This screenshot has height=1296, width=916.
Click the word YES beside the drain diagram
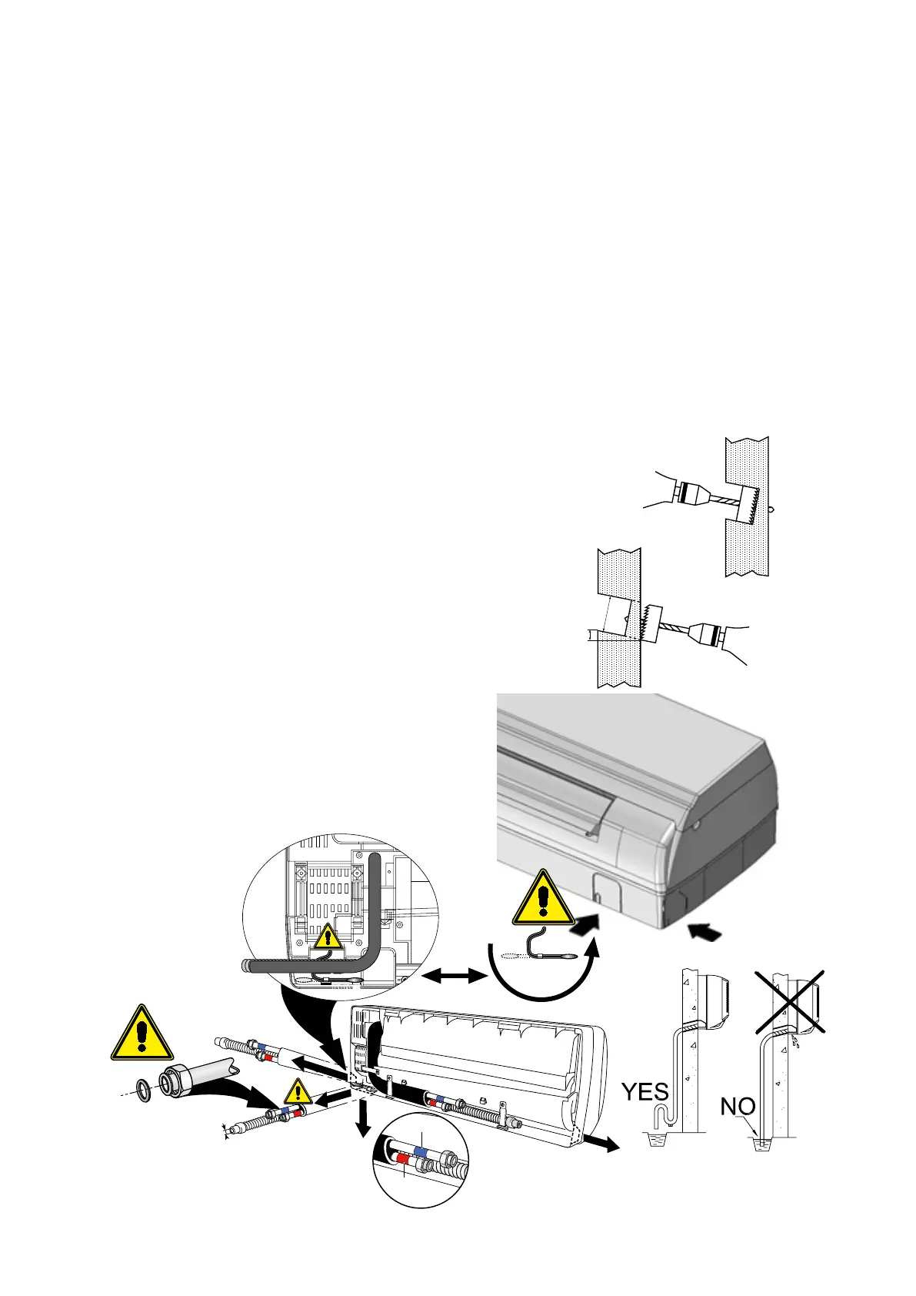(x=645, y=1091)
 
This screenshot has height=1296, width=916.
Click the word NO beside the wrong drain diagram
(x=738, y=1107)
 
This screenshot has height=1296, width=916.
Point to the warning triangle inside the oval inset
(x=329, y=937)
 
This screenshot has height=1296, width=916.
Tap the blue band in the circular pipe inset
(x=421, y=1150)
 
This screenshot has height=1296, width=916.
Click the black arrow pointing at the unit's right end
(x=706, y=932)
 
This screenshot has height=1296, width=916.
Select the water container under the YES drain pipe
(x=657, y=1139)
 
